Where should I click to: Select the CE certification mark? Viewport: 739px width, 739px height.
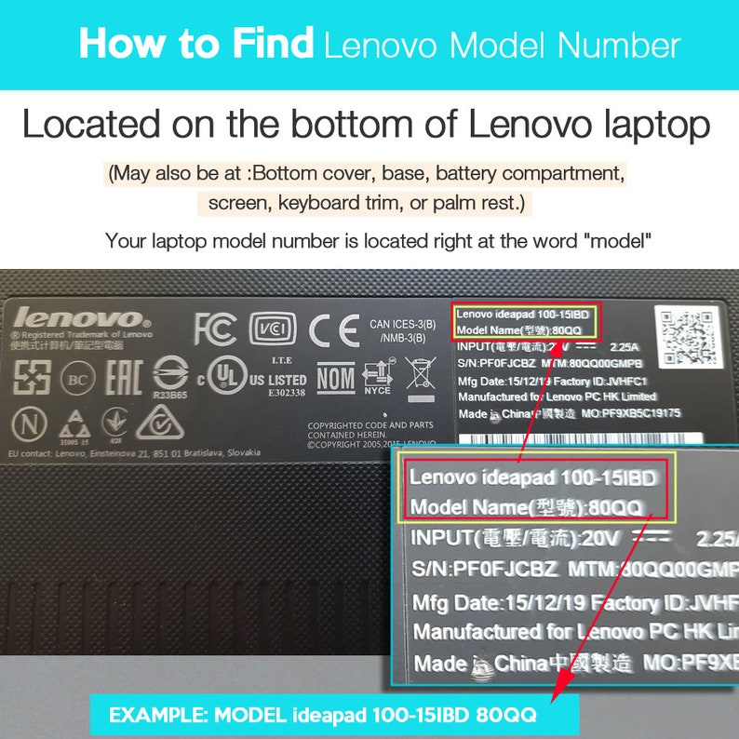point(334,329)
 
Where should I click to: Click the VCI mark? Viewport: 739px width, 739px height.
point(273,329)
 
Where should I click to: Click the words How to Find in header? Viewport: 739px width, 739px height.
point(196,45)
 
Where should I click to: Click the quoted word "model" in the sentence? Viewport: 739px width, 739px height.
point(618,241)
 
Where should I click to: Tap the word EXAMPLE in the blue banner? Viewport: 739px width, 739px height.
point(159,717)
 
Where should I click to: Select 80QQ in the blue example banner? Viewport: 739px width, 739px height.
point(508,717)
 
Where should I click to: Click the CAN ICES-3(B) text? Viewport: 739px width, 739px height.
point(403,325)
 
